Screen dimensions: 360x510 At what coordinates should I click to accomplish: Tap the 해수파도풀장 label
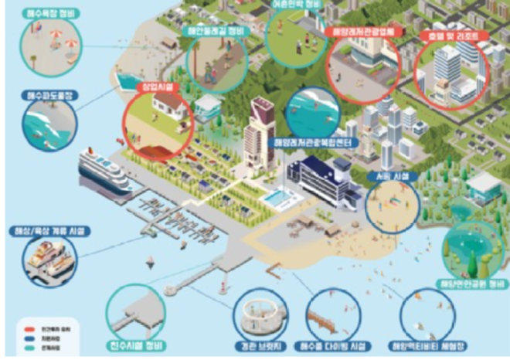[x=49, y=96]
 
